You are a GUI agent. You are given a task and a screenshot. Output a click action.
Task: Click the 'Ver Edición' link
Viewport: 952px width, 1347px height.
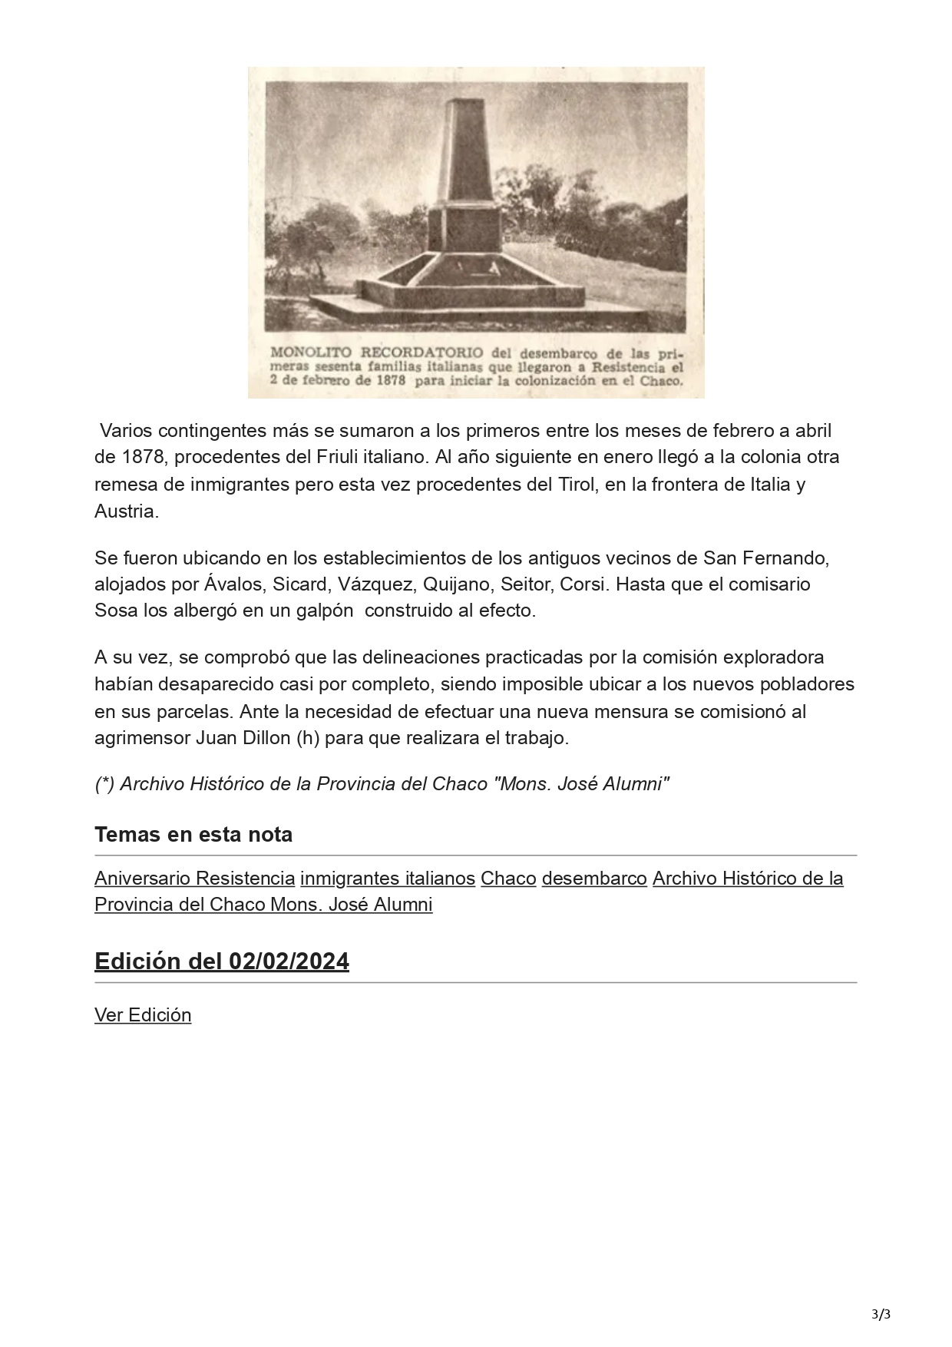(143, 1015)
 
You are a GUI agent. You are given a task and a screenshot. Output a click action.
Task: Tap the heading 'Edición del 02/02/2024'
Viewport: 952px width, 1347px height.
(221, 961)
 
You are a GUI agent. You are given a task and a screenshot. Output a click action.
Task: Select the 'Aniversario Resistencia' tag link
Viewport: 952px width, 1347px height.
(194, 878)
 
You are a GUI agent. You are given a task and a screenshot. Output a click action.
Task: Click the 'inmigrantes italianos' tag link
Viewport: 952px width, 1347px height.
(388, 878)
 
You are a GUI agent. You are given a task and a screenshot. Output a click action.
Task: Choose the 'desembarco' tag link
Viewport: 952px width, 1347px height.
(594, 878)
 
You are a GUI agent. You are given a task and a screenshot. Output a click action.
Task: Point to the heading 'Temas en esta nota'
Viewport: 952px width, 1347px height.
(193, 834)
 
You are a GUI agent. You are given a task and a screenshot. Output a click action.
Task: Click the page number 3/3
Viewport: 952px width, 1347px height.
(881, 1313)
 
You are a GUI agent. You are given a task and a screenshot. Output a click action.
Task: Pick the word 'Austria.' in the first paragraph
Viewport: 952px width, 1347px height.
(127, 511)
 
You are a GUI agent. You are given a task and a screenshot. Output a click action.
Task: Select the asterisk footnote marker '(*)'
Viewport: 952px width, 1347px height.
(104, 784)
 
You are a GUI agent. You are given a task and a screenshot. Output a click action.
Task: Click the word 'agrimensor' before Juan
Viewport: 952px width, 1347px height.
(142, 738)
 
